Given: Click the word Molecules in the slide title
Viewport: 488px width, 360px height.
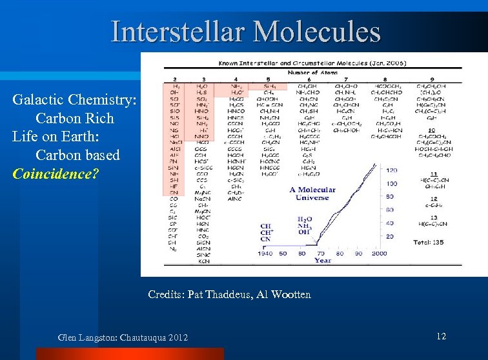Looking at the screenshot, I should pyautogui.click(x=316, y=32).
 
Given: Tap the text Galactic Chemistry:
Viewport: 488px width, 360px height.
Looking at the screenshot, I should pyautogui.click(x=74, y=100).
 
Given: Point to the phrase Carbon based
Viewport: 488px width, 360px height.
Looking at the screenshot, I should pyautogui.click(x=77, y=155).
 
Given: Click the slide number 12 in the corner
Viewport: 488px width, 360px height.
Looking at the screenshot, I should pyautogui.click(x=441, y=336).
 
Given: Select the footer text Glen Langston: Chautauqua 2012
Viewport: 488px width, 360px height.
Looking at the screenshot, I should pyautogui.click(x=123, y=337).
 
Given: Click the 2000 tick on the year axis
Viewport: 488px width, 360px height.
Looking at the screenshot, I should pyautogui.click(x=379, y=254).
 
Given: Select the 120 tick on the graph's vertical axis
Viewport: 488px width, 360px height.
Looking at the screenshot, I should pyautogui.click(x=391, y=170).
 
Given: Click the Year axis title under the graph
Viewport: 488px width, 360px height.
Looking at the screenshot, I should pyautogui.click(x=323, y=261).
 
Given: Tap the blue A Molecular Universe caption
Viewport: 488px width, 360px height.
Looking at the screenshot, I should pyautogui.click(x=312, y=194).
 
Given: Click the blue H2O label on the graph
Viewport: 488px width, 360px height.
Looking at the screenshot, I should pyautogui.click(x=305, y=219).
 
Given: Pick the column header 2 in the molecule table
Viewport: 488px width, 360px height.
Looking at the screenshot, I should pyautogui.click(x=176, y=79).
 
